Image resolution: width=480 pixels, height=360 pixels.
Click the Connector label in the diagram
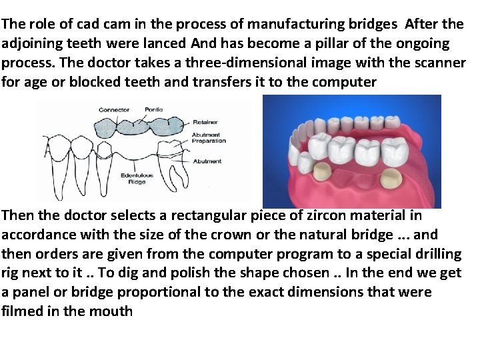(114, 109)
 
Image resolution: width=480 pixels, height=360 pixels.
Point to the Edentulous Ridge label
(137, 178)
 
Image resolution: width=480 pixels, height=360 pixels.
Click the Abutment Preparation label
(209, 138)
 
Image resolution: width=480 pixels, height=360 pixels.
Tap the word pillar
(319, 43)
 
